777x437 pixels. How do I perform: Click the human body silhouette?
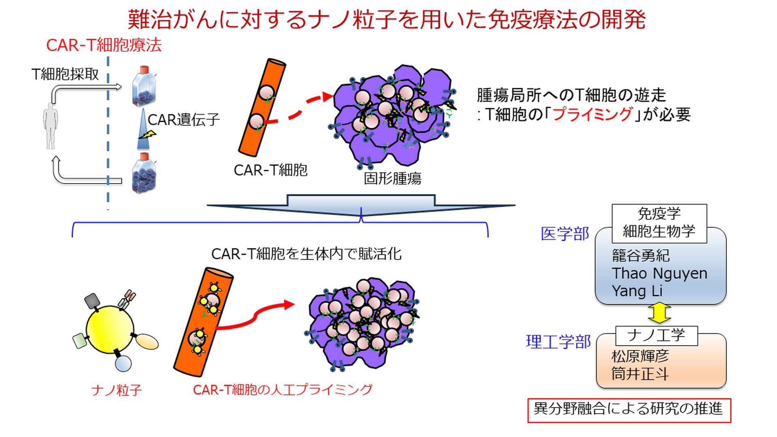click(50, 126)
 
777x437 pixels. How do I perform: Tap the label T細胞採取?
click(65, 74)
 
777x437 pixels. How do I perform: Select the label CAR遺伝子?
click(184, 120)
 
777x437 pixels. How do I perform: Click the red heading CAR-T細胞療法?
click(104, 45)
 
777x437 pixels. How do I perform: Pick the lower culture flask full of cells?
click(144, 173)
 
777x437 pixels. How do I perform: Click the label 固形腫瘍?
click(393, 178)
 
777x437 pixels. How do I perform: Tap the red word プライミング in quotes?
click(592, 114)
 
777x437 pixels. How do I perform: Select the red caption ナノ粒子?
click(117, 390)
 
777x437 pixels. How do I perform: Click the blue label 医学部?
click(565, 234)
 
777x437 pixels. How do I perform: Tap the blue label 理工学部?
click(558, 342)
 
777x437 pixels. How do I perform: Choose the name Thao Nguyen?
click(660, 274)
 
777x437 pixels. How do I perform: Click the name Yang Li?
click(637, 291)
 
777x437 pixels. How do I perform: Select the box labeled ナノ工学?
click(656, 335)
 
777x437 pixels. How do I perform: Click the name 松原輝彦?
click(640, 356)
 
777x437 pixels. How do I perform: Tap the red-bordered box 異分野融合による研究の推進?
click(629, 410)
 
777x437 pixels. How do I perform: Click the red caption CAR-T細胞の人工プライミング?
click(282, 390)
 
